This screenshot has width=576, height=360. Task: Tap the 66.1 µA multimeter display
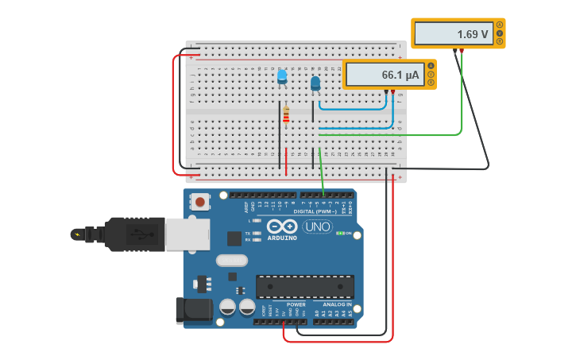(385, 75)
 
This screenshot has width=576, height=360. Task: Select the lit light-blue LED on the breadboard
(282, 75)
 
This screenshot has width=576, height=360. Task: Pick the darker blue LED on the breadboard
(315, 83)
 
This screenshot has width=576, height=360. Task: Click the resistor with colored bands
(286, 115)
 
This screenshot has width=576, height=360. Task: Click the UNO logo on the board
(317, 226)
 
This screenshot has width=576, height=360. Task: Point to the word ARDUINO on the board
(282, 238)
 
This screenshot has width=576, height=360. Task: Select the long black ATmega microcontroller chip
(304, 286)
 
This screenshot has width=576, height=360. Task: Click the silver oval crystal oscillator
(232, 260)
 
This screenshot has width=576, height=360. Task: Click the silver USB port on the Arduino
(187, 234)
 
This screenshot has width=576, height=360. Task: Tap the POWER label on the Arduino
(296, 304)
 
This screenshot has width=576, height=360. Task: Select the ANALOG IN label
(337, 304)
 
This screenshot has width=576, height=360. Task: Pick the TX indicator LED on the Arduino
(256, 233)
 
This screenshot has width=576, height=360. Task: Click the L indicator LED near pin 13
(256, 220)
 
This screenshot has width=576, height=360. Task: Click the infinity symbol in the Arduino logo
(281, 226)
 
